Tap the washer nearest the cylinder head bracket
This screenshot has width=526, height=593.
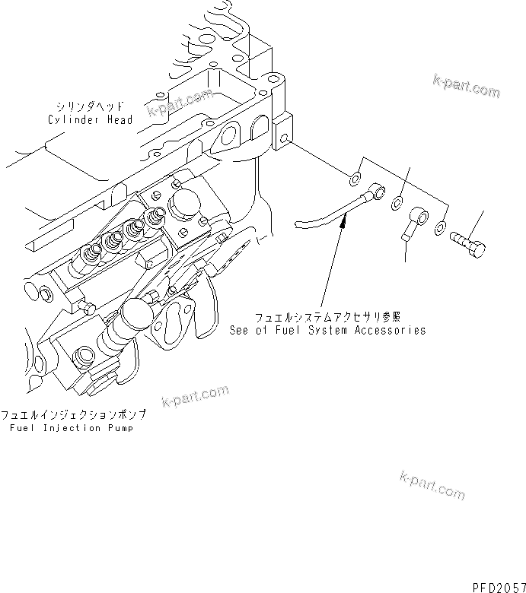(x=355, y=180)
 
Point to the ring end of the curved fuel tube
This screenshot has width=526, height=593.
(x=378, y=191)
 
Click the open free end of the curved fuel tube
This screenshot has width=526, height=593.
(x=298, y=224)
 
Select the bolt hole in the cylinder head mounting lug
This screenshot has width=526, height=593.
(x=283, y=140)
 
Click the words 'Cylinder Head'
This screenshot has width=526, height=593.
(x=90, y=120)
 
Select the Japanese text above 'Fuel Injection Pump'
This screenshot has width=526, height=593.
(x=73, y=415)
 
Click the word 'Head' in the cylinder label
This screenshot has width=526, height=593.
(x=119, y=120)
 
